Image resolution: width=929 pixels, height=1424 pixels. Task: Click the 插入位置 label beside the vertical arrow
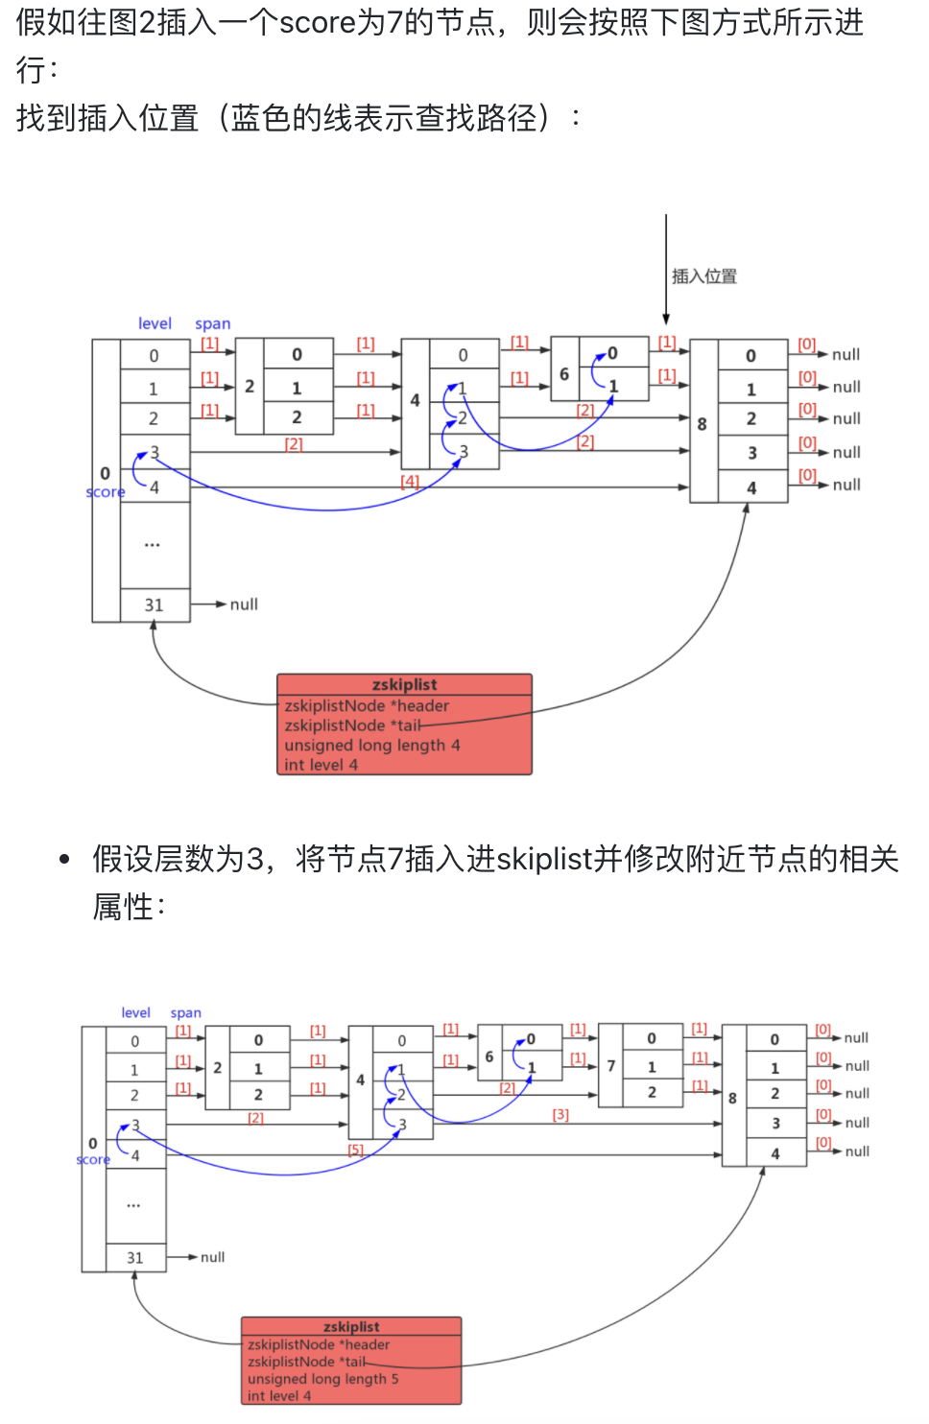coord(703,276)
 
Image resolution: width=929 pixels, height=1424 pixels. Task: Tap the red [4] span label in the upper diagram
coord(410,481)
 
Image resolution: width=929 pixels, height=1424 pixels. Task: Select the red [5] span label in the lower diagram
coord(355,1149)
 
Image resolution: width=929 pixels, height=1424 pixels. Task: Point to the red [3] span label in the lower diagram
coord(560,1114)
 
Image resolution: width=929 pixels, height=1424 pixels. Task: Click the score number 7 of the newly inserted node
coord(610,1066)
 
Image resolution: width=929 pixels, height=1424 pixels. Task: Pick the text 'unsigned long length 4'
coord(371,745)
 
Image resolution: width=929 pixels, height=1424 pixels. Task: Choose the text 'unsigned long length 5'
coord(322,1379)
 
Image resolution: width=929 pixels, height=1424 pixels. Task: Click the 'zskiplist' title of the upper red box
coord(404,684)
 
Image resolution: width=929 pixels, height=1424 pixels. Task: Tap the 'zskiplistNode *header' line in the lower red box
coord(319,1344)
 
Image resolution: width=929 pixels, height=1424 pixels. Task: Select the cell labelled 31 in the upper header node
coord(154,605)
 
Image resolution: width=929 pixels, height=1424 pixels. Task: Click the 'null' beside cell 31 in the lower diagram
coord(212,1257)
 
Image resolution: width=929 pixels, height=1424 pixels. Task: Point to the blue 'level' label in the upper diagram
coord(155,323)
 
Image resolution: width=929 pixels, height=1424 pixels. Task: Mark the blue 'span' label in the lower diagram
coord(185,1012)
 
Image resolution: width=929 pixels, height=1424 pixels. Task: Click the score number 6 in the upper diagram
coord(564,373)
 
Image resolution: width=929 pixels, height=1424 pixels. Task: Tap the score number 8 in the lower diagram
coord(732,1098)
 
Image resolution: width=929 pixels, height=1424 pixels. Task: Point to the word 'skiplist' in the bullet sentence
coord(544,859)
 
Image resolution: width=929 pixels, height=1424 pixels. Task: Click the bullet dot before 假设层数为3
coord(64,860)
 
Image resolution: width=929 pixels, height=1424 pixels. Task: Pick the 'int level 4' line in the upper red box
coord(321,765)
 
